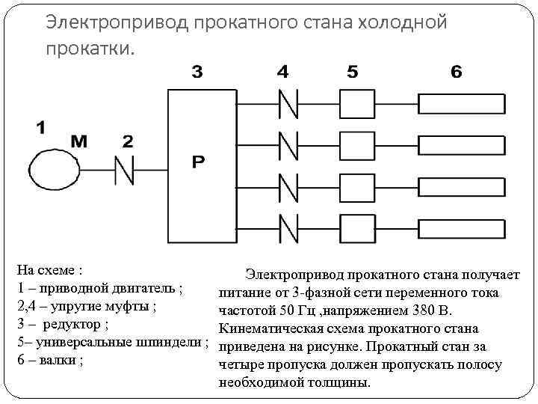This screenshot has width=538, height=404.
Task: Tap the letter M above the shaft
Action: pos(80,141)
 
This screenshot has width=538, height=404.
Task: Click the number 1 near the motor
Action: pos(40,127)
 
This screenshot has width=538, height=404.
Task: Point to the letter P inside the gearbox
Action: pos(198,162)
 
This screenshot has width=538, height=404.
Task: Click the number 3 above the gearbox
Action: pos(197,73)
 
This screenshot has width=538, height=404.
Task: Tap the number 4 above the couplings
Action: pos(282,73)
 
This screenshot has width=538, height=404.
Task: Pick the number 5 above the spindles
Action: pos(353,73)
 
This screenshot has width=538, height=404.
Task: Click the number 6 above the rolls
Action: pos(456,73)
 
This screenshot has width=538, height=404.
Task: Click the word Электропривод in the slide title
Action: pos(117,22)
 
